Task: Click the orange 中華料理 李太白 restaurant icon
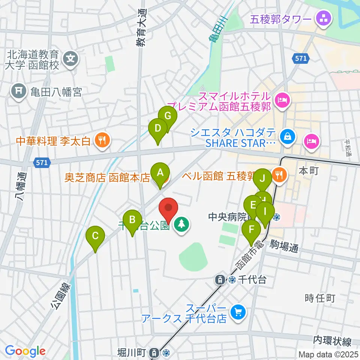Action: [x=101, y=141]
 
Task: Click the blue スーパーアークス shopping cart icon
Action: [x=237, y=312]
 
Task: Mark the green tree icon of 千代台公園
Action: [x=182, y=225]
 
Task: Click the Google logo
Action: [x=25, y=351]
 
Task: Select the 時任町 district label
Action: [x=319, y=298]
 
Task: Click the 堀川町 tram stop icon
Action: [x=154, y=352]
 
